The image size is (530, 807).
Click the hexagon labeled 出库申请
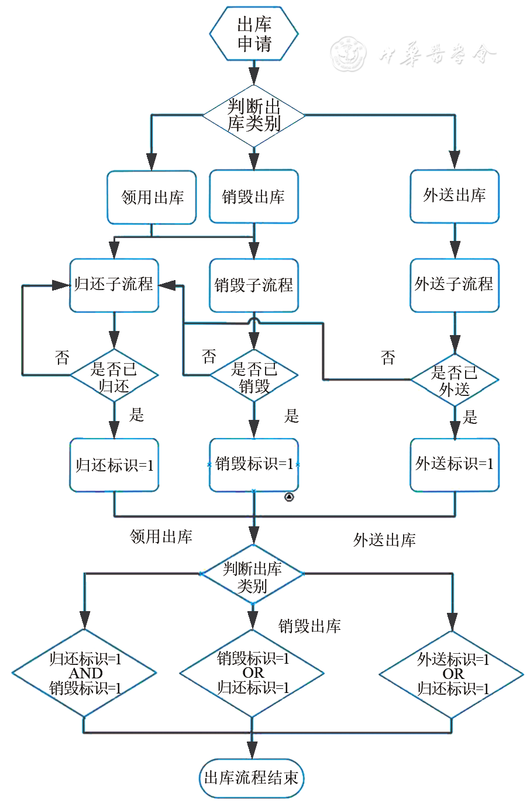tap(254, 34)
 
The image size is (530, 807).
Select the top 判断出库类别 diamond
tap(254, 115)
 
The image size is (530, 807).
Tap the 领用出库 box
tap(152, 197)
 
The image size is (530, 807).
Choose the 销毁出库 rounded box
tap(254, 196)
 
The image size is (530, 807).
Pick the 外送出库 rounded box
tap(455, 196)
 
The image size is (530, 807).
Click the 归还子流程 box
tap(114, 285)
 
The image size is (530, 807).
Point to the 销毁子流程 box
tap(254, 285)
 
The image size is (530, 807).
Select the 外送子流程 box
tap(455, 285)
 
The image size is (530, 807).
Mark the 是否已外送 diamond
tap(455, 380)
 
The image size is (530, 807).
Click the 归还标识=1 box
tap(114, 465)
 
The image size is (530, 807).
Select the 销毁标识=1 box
tap(254, 464)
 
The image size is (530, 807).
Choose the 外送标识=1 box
tap(455, 464)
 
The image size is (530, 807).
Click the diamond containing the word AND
tap(85, 673)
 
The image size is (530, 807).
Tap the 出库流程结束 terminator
tap(252, 778)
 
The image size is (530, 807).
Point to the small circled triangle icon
tap(289, 498)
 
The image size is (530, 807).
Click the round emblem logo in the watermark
tap(349, 54)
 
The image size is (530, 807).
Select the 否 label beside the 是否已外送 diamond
tap(388, 358)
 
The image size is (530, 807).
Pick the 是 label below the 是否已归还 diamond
tap(136, 415)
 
